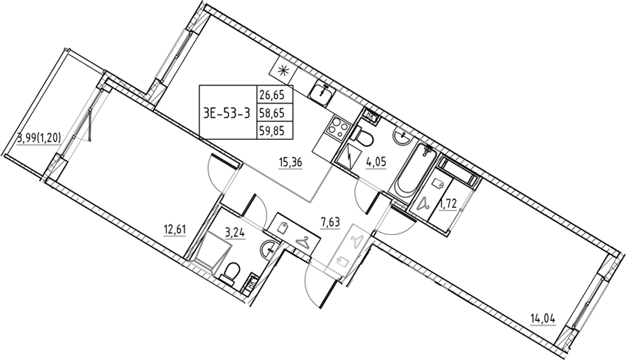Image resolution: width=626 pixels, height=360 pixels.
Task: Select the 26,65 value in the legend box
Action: coord(271,95)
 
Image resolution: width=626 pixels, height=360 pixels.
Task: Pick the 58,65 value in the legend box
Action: coord(271,113)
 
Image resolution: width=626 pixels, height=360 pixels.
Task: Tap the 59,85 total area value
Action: coord(271,131)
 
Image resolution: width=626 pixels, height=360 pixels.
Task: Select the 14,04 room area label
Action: coord(543,319)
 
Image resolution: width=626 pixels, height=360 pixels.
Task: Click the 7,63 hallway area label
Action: coord(331,222)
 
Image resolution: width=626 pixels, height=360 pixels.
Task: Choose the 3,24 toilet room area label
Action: coord(235,233)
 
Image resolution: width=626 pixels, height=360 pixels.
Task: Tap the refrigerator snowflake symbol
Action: coord(283,71)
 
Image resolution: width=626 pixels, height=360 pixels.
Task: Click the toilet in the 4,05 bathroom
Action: coord(362,138)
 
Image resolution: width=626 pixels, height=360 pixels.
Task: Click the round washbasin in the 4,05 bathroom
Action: coord(401,137)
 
